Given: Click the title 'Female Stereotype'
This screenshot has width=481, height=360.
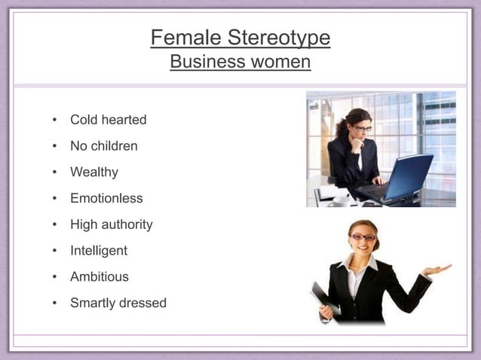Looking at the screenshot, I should click(x=240, y=38).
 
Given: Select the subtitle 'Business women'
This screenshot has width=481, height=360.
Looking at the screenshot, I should click(x=240, y=62).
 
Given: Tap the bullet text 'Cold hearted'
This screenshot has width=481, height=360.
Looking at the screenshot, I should click(x=108, y=120).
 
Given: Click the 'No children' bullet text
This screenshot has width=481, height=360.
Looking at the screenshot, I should click(x=103, y=146).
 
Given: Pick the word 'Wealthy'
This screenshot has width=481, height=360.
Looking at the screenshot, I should click(x=94, y=172).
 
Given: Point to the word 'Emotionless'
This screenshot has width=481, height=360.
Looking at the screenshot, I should click(x=106, y=199).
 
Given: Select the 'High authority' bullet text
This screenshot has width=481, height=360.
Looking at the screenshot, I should click(x=111, y=224).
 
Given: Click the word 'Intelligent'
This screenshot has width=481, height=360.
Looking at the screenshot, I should click(x=99, y=251).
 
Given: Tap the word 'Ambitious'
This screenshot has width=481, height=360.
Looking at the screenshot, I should click(x=100, y=276).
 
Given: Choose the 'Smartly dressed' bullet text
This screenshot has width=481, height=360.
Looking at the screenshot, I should click(x=118, y=303).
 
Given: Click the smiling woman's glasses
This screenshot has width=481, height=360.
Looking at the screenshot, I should click(x=363, y=237).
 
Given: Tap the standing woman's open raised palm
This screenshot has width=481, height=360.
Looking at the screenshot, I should click(x=437, y=269).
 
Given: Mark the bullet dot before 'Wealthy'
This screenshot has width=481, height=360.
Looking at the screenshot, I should click(x=54, y=172).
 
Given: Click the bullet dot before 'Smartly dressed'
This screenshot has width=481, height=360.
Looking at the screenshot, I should click(x=54, y=304).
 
